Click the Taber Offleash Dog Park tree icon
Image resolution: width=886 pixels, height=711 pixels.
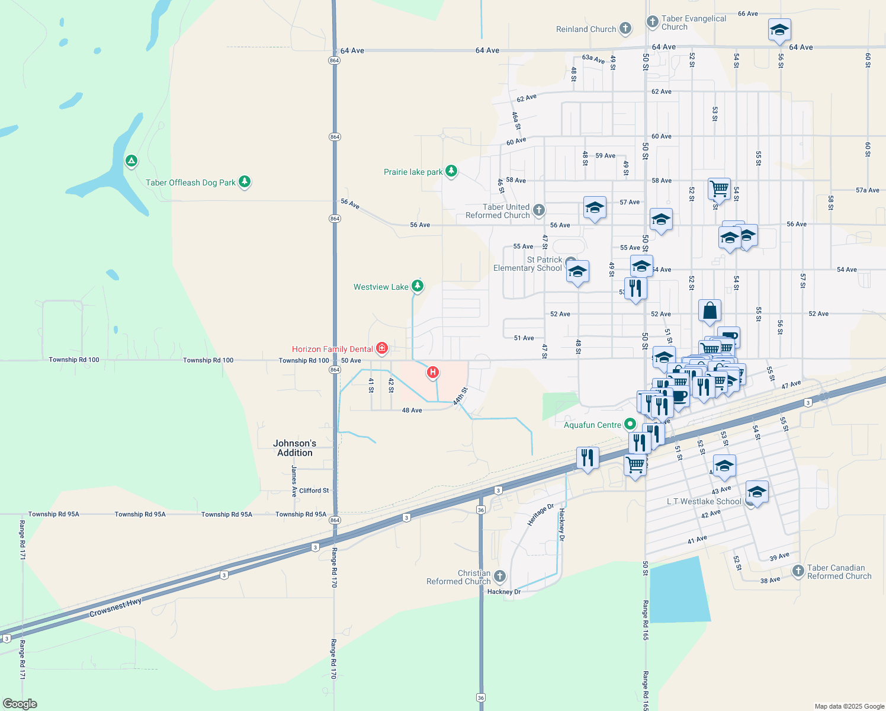click(x=245, y=182)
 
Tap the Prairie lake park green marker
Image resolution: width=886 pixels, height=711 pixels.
click(x=451, y=171)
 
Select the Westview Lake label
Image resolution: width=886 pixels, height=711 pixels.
click(x=381, y=287)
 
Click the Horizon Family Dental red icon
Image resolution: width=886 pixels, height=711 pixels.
click(x=382, y=348)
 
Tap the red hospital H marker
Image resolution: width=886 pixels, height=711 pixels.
click(x=433, y=372)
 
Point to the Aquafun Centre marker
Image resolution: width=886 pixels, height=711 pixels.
click(x=630, y=424)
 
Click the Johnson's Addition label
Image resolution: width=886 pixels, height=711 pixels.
click(x=294, y=448)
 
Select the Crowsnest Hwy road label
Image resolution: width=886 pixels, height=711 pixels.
click(x=115, y=607)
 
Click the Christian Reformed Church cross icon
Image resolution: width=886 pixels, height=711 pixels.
click(x=500, y=576)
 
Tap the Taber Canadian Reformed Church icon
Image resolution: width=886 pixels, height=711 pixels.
click(x=798, y=571)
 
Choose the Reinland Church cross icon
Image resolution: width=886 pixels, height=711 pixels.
click(x=625, y=28)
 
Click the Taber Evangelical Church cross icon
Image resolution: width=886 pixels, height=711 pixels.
click(x=652, y=23)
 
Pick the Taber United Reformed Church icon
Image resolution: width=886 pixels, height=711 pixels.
click(x=538, y=210)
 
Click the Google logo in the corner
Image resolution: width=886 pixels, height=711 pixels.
click(x=20, y=704)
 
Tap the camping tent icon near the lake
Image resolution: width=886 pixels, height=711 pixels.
click(x=131, y=161)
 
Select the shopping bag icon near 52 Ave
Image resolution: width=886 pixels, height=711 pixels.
click(x=710, y=310)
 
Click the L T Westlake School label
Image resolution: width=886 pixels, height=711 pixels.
click(x=704, y=501)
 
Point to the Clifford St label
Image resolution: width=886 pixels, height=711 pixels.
click(x=314, y=491)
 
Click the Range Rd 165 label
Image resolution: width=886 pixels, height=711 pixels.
click(x=646, y=620)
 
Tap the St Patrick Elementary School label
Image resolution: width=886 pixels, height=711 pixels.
click(x=528, y=264)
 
